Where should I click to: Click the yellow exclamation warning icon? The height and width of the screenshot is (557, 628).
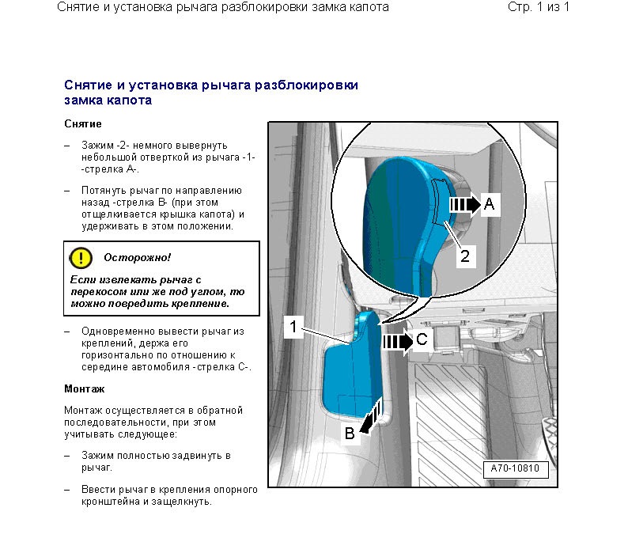81,257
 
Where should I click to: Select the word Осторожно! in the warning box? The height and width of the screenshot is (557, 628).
137,257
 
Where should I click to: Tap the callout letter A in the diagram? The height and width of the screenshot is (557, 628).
490,204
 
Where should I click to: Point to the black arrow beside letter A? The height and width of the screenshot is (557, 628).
464,204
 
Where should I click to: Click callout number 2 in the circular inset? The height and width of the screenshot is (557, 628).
465,256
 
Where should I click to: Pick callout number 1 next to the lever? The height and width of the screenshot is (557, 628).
293,327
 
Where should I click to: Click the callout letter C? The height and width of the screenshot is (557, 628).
422,339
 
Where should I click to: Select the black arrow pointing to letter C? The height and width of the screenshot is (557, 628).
398,342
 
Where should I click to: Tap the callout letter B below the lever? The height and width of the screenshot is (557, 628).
350,433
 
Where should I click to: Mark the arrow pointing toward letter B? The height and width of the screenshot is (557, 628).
371,419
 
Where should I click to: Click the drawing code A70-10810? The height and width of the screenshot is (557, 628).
515,468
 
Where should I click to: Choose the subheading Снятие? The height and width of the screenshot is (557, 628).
83,124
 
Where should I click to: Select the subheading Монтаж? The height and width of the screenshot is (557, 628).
85,388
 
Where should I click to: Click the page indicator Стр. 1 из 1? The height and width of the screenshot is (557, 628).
539,7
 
